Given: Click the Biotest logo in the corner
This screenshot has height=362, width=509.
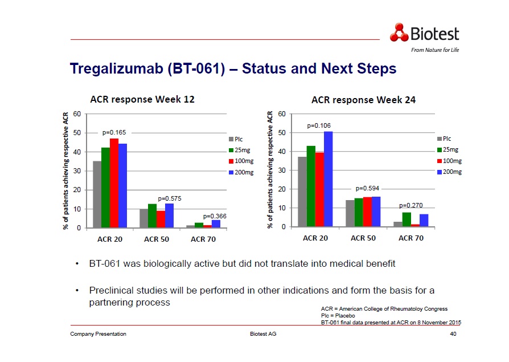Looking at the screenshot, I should pyautogui.click(x=424, y=33).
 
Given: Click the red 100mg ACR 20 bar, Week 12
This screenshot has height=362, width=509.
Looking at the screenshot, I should pyautogui.click(x=114, y=182).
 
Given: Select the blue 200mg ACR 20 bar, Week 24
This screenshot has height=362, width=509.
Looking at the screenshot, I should pyautogui.click(x=328, y=179).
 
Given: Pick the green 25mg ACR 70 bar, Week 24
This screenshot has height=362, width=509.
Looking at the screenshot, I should pyautogui.click(x=407, y=219).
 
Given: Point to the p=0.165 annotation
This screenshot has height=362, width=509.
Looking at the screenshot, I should pyautogui.click(x=114, y=132).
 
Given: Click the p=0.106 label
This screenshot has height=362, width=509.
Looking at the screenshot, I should pyautogui.click(x=319, y=125).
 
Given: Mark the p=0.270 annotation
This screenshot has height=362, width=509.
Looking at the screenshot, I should pyautogui.click(x=411, y=205).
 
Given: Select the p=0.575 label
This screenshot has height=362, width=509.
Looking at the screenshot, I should pyautogui.click(x=170, y=198).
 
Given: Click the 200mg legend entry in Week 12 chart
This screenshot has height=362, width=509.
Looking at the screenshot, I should pyautogui.click(x=241, y=172).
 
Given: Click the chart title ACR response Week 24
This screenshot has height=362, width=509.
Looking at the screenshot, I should pyautogui.click(x=363, y=100).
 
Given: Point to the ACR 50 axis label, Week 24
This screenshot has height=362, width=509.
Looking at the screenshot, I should pyautogui.click(x=363, y=238).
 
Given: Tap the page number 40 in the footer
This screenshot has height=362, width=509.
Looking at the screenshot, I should pyautogui.click(x=453, y=333).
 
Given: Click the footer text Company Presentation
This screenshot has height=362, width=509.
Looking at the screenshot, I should pyautogui.click(x=98, y=333).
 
